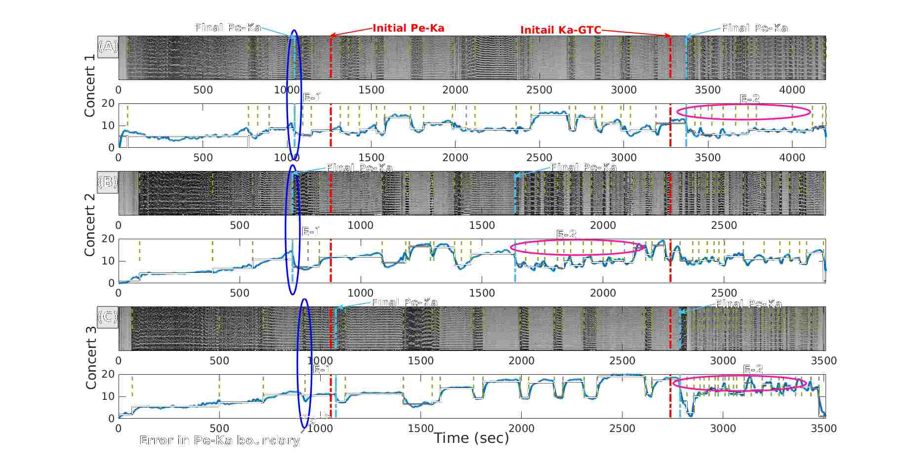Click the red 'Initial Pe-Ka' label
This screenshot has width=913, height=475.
click(x=408, y=28)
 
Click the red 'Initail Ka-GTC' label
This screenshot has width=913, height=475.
click(x=560, y=30)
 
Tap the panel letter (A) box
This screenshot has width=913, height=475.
click(x=108, y=47)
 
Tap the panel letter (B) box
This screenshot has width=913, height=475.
click(x=108, y=182)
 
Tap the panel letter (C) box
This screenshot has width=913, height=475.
click(x=108, y=316)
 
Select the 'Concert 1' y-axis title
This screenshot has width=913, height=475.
click(x=89, y=86)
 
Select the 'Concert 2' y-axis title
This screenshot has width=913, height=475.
click(x=89, y=224)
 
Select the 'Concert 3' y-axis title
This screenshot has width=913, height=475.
click(x=90, y=357)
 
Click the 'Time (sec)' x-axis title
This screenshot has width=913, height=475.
click(x=471, y=438)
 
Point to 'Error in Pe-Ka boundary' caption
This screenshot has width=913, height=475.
click(x=219, y=440)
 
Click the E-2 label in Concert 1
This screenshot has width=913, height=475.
click(x=749, y=99)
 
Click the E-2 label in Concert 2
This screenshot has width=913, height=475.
click(x=566, y=234)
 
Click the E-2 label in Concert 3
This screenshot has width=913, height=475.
click(x=753, y=369)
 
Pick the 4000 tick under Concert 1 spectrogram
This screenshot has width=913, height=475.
click(x=792, y=90)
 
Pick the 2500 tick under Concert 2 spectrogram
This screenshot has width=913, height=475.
click(x=724, y=225)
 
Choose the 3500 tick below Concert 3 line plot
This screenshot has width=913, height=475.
click(x=824, y=429)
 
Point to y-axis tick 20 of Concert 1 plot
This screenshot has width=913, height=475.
click(x=108, y=103)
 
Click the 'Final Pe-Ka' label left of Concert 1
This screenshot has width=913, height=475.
click(x=228, y=28)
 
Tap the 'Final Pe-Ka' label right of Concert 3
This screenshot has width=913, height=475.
click(x=748, y=304)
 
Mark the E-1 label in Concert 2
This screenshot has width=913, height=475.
click(x=311, y=231)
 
